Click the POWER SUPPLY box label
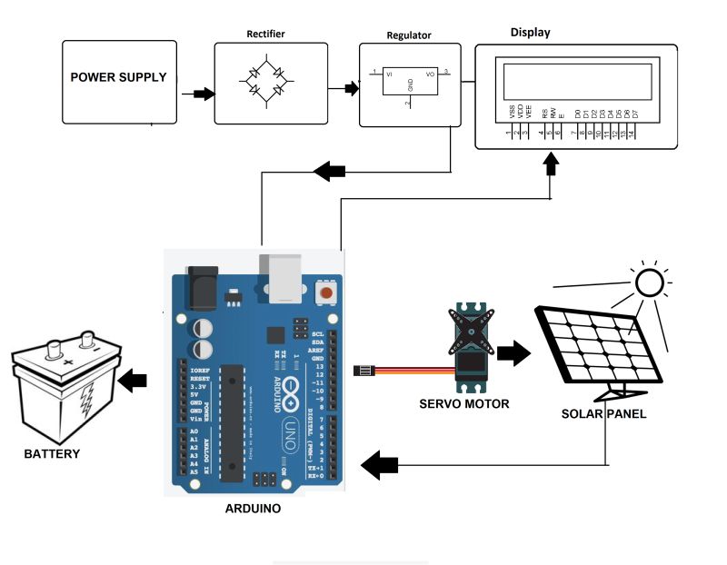118,77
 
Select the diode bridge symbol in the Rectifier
265,83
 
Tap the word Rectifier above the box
265,35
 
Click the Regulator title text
409,36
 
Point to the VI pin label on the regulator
390,74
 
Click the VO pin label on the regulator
430,74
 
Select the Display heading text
530,33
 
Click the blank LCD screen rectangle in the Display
574,80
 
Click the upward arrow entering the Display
551,164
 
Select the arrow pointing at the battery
134,380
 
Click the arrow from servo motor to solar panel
513,353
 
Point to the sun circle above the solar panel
650,283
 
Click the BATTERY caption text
52,453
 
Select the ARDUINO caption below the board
253,509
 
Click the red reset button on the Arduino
324,292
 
